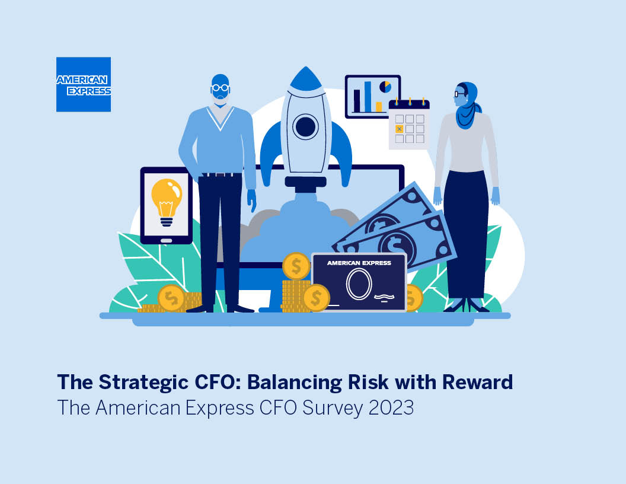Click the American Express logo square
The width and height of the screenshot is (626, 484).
click(84, 84)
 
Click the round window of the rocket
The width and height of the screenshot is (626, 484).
click(306, 126)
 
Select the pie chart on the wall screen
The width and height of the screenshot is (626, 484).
click(385, 87)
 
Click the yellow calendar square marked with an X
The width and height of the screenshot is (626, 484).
click(399, 129)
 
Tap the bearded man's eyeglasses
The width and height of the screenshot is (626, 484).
click(220, 88)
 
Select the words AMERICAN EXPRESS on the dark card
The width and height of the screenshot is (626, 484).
click(359, 263)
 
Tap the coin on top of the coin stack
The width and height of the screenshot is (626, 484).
click(296, 266)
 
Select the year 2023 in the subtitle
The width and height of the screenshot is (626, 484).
click(391, 407)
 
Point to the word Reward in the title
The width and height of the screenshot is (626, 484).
click(477, 382)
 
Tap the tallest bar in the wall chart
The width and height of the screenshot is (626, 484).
click(368, 97)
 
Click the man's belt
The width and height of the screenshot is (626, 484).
click(220, 174)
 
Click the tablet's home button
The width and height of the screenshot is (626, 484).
click(166, 240)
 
